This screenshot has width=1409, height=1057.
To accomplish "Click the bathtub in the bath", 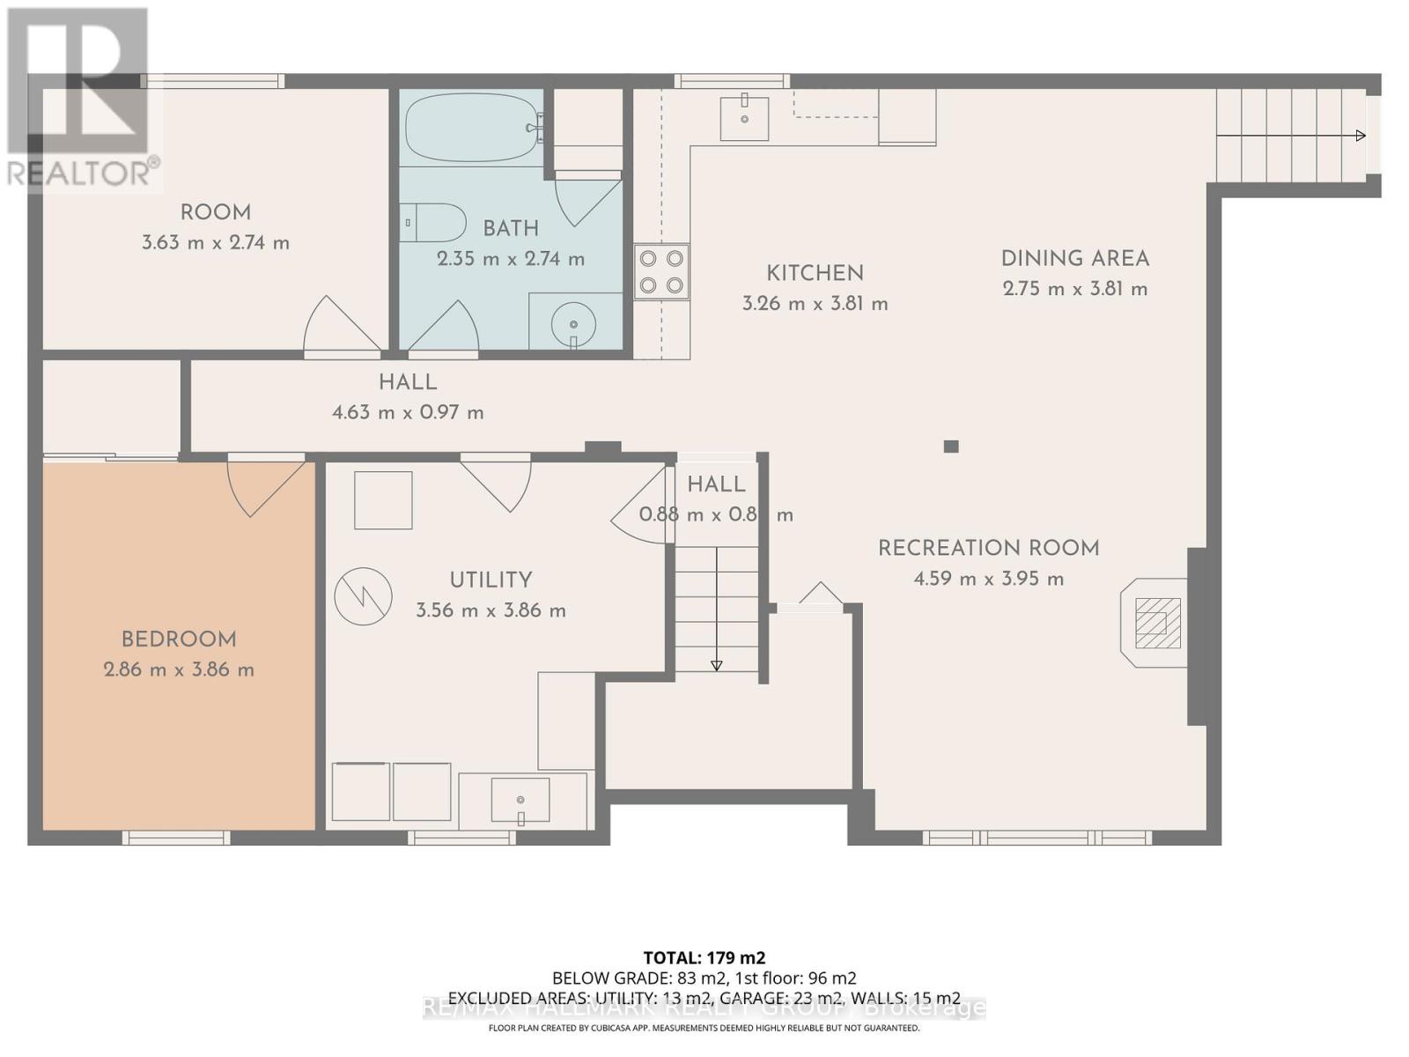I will click(x=471, y=129).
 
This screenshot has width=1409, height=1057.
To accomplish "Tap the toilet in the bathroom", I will click(x=433, y=223).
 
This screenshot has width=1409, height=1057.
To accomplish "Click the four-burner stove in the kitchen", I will click(x=661, y=271).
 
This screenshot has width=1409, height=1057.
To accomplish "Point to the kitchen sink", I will click(x=744, y=118).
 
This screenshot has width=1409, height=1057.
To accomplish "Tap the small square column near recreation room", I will click(x=950, y=447).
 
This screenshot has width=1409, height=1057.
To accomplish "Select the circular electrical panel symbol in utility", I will click(x=363, y=596).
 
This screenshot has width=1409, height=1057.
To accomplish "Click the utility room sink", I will click(x=520, y=801).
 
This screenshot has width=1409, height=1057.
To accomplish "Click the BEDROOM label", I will click(x=179, y=639).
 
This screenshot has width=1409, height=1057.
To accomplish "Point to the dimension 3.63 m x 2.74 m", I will click(x=216, y=242).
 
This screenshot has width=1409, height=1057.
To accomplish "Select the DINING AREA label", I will click(x=1074, y=259).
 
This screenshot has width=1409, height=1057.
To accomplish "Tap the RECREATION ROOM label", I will click(x=988, y=548).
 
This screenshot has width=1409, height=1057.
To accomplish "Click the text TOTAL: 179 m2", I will click(x=704, y=957).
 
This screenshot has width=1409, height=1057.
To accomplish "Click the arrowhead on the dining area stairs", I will click(x=1361, y=136).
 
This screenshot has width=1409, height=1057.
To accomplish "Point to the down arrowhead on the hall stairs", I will click(x=716, y=666).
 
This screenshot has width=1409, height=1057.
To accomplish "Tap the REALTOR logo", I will click(x=81, y=97).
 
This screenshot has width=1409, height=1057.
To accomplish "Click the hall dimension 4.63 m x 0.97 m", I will click(x=408, y=412).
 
